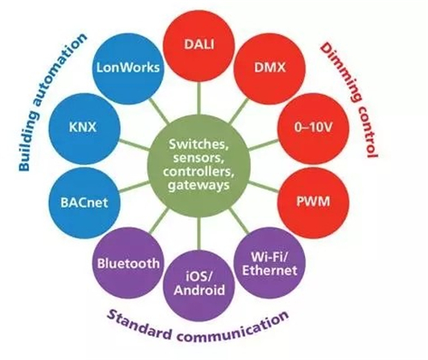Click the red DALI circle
(x=199, y=46)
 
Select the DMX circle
(x=270, y=68)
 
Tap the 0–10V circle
(x=313, y=128)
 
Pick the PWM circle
(x=313, y=203)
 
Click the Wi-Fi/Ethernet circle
(x=270, y=263)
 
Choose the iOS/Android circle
(x=199, y=286)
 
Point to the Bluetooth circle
(x=128, y=263)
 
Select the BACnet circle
(x=85, y=203)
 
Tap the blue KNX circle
(x=85, y=128)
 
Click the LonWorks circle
(x=128, y=68)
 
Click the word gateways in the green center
(x=199, y=186)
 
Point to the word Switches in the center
(x=199, y=145)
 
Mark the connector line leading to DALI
(x=199, y=97)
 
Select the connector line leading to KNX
(x=134, y=145)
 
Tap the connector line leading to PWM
(x=264, y=186)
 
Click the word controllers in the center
(x=199, y=172)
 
